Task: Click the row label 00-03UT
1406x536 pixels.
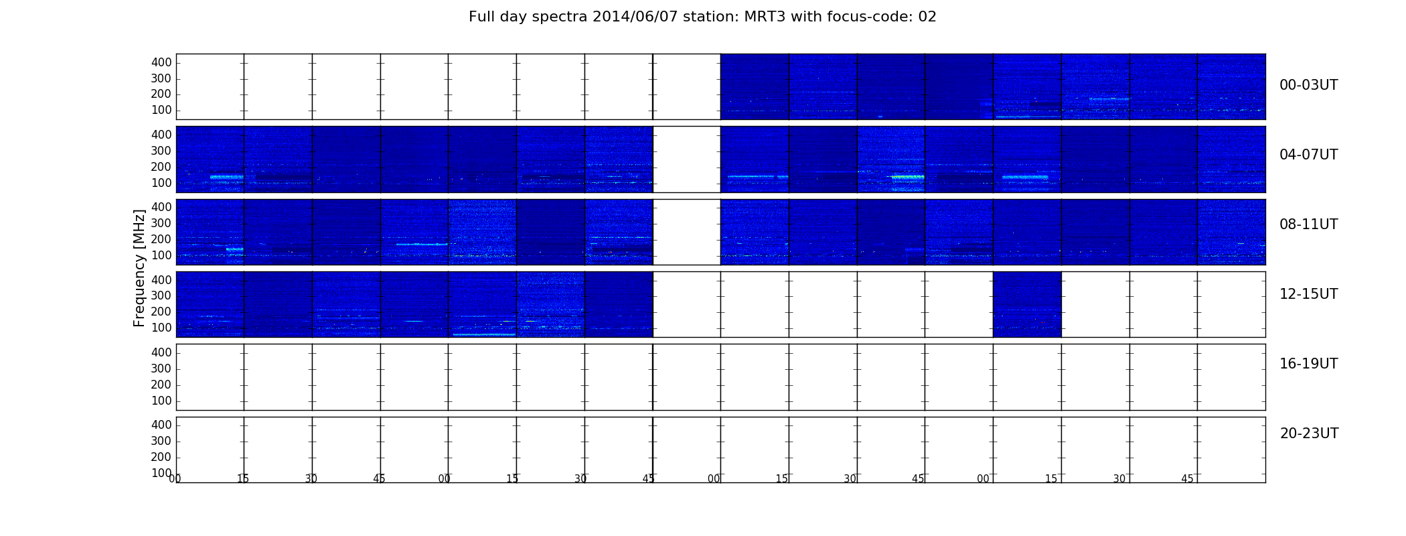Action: [1308, 85]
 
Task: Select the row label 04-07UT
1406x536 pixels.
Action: [1308, 155]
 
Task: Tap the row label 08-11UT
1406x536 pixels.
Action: [1308, 224]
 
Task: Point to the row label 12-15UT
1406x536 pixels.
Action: [1308, 294]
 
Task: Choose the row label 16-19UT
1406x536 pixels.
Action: [1308, 364]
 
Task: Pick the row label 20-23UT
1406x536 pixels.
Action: [1309, 433]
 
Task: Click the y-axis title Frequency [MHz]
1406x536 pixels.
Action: [139, 268]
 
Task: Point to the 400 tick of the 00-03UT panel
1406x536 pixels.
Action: [161, 62]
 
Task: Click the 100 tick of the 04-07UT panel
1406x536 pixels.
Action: [161, 183]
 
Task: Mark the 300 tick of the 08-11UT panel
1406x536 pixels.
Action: [161, 223]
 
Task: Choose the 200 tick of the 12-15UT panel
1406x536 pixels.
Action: [161, 312]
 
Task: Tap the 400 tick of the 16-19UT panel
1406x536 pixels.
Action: [161, 352]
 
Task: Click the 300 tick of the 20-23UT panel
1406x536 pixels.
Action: [161, 441]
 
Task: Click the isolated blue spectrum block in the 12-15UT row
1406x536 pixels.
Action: [1027, 304]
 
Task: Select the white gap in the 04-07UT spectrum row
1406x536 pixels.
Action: [687, 159]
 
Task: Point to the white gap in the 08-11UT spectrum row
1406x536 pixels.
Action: [687, 232]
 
